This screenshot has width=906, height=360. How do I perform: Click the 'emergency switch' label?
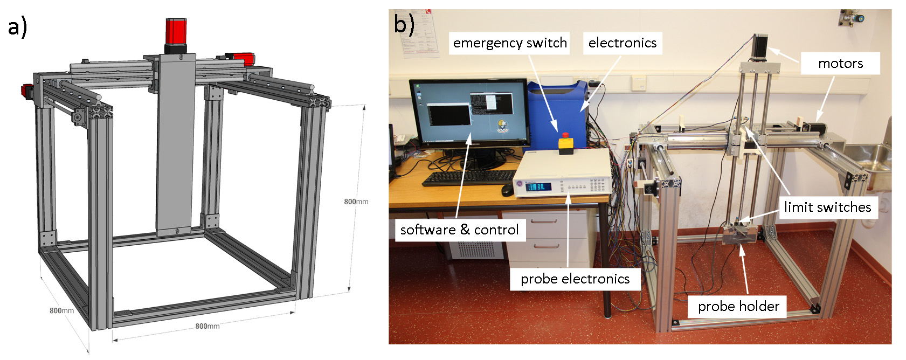[x=509, y=43]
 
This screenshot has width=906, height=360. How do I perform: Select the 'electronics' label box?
[x=622, y=43]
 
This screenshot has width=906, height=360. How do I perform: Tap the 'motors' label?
[x=840, y=64]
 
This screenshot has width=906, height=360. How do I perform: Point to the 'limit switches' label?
[x=827, y=207]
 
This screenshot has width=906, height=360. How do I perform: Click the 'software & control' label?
[x=459, y=230]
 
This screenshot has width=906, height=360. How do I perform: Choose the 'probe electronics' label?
[x=575, y=279]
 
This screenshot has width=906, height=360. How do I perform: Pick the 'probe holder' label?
[x=738, y=307]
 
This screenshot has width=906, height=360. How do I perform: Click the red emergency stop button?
[x=566, y=136]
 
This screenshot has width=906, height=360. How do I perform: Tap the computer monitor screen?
[x=468, y=113]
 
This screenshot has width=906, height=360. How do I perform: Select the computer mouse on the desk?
[x=507, y=190]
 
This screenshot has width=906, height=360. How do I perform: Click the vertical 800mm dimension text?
[x=356, y=202]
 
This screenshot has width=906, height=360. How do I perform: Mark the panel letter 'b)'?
[x=404, y=24]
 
